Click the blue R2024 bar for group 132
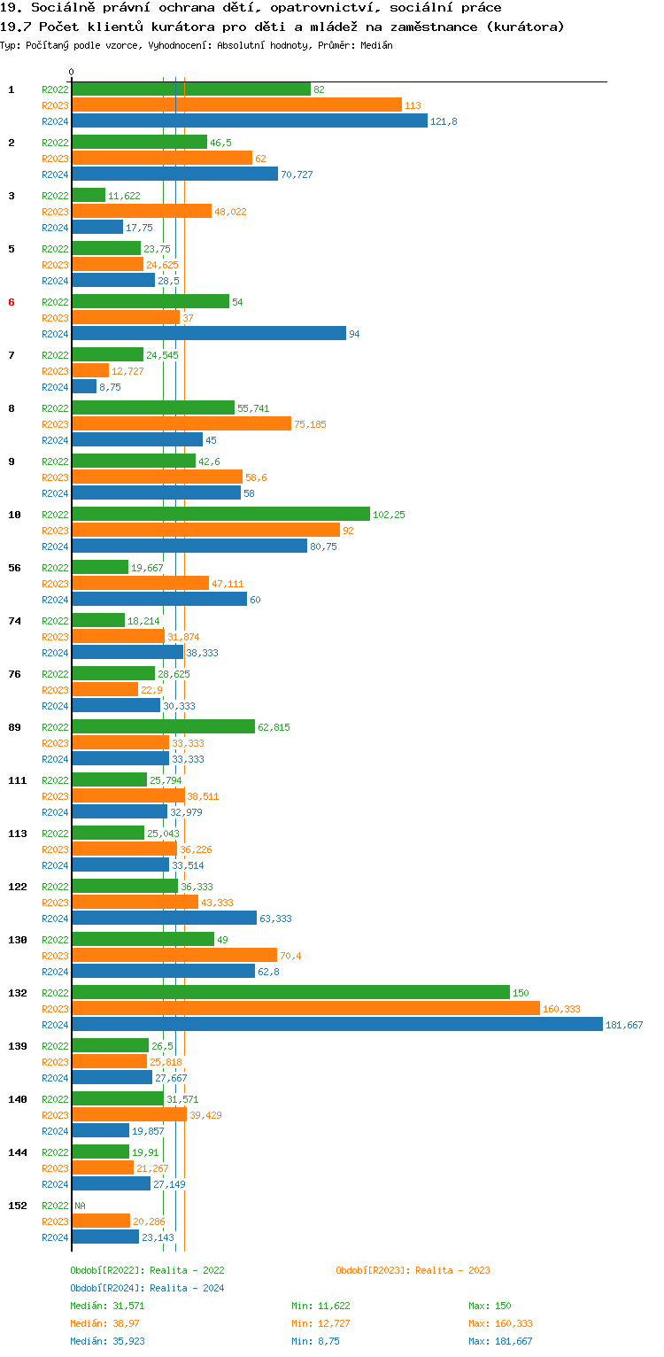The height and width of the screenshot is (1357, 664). (336, 1025)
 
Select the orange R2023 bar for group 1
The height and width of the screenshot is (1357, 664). (236, 105)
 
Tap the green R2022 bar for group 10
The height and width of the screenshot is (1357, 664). (220, 515)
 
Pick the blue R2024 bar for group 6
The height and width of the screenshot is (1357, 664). (208, 334)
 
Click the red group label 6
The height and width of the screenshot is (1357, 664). (12, 302)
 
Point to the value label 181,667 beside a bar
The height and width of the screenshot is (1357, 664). (624, 1025)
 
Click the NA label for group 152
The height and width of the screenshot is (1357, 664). (80, 1206)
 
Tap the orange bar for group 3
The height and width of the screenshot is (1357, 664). (142, 212)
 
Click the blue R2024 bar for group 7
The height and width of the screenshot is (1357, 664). (84, 387)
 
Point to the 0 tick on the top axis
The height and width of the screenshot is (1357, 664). (72, 72)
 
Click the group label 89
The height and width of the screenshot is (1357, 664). (14, 727)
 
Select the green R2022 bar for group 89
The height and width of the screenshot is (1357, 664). (163, 727)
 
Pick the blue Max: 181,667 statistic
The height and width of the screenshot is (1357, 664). (500, 1341)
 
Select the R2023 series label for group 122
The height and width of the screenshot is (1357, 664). (55, 903)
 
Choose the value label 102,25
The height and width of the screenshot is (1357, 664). (389, 515)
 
